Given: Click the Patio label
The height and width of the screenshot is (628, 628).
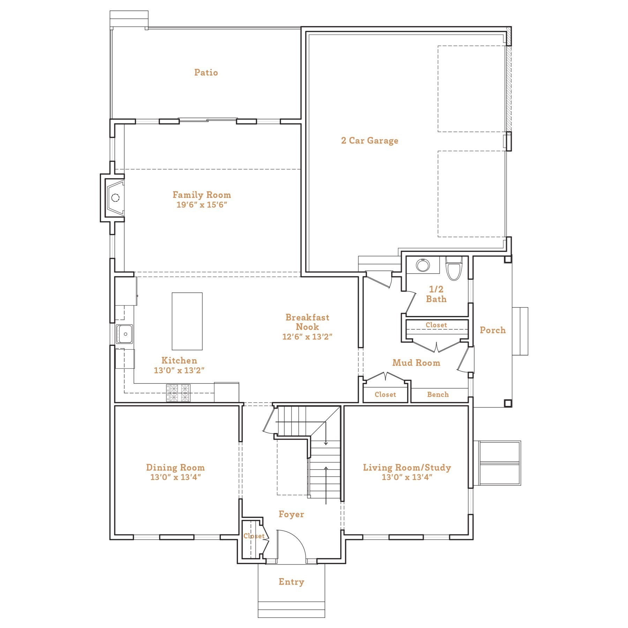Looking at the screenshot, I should tap(206, 73).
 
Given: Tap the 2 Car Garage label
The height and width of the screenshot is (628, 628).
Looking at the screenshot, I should tap(369, 141).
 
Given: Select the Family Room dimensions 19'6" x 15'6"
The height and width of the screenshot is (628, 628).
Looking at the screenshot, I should tap(202, 205).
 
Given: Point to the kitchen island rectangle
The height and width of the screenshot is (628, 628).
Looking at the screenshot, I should tap(187, 321).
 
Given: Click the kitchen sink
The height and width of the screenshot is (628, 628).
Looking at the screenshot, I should tap(124, 334).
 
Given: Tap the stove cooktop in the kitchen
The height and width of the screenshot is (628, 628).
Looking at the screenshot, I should tap(178, 393).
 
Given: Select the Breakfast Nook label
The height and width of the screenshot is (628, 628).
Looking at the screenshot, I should tap(307, 322).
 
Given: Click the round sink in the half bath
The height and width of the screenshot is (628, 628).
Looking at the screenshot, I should tap(423, 266).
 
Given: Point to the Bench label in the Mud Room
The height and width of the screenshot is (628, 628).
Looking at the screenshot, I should tap(438, 395).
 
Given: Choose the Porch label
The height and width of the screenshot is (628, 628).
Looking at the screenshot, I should tap(492, 330).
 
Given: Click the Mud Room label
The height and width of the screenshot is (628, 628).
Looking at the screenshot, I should tap(416, 363).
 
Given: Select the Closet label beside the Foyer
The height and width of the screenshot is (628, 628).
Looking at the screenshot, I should tap(254, 536).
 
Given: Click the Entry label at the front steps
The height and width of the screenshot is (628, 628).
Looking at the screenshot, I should tap(291, 582).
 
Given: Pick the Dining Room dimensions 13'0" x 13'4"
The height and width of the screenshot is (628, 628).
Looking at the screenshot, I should tap(175, 477).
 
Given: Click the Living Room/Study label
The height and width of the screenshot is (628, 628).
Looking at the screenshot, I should tap(407, 468).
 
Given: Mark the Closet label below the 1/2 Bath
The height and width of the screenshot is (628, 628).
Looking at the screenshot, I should tap(436, 325).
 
